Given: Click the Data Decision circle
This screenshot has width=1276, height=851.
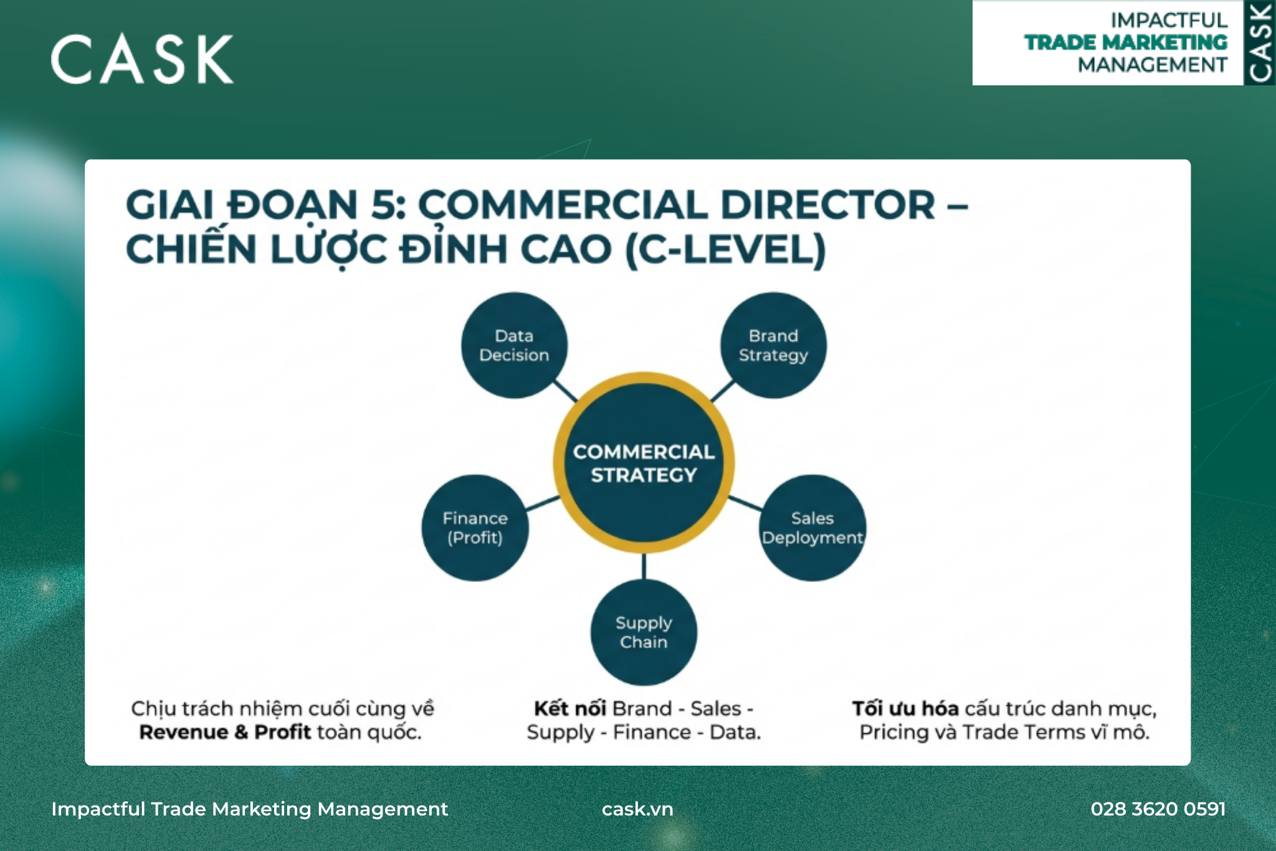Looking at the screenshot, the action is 514,345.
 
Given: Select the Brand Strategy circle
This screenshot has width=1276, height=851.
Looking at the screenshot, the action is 773,345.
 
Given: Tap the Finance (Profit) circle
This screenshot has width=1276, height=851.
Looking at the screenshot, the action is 475,528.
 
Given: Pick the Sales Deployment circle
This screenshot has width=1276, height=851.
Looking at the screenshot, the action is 812,528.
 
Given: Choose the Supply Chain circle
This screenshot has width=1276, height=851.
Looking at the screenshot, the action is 644,632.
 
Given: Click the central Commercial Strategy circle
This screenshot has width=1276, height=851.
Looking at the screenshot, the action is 644,462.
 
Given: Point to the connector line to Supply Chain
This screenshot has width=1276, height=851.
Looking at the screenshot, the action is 644,566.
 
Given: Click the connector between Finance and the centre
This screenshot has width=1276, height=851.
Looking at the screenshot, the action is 543,503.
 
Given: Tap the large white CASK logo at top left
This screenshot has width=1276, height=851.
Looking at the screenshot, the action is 142,59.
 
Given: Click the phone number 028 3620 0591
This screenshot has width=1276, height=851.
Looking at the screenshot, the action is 1158,809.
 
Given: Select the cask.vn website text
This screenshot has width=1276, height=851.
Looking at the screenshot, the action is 637,809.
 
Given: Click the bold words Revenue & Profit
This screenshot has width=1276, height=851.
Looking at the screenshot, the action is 225,732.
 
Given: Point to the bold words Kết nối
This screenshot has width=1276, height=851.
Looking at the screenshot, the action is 570,708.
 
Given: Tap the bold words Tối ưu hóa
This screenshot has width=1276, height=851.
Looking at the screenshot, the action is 905,708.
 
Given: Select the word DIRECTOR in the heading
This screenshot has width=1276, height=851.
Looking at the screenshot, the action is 827,205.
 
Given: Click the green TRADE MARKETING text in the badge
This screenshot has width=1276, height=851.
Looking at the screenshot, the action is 1126,42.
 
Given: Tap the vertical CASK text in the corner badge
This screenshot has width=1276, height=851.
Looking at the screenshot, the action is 1260,42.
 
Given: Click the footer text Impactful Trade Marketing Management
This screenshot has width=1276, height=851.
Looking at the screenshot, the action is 250,809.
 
